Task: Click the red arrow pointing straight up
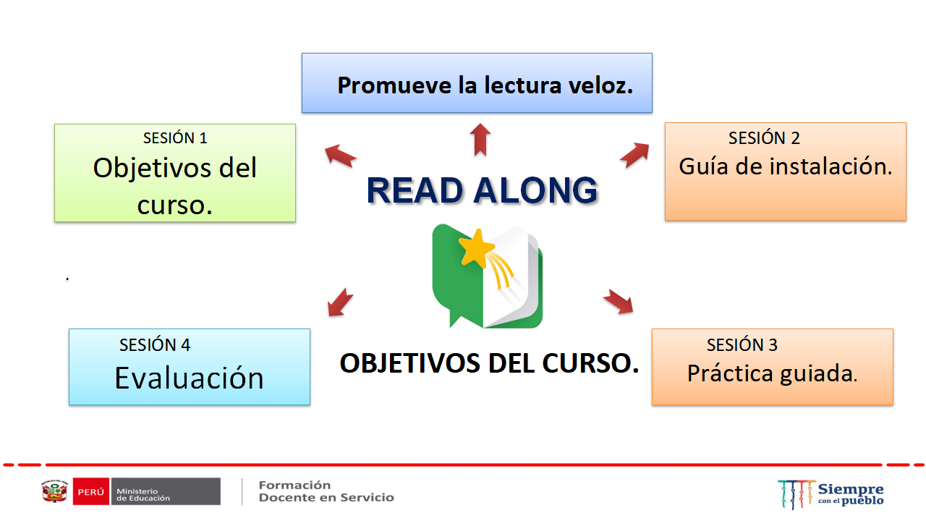point(480,140)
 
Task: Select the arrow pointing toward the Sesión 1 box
point(340,156)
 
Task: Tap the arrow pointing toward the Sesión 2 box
point(634,155)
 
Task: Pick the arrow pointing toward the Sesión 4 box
point(340,302)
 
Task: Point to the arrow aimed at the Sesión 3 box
point(618,301)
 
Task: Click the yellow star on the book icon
point(476,248)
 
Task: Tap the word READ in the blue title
point(415,190)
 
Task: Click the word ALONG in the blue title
point(536,190)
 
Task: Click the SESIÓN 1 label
point(175,137)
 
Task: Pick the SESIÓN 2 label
point(764,137)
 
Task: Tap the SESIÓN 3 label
point(742,345)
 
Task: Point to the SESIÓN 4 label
point(155,345)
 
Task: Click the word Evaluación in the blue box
point(189,378)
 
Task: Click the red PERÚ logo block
point(91,491)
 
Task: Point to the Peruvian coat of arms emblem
point(54,491)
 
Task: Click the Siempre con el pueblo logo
point(831,494)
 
